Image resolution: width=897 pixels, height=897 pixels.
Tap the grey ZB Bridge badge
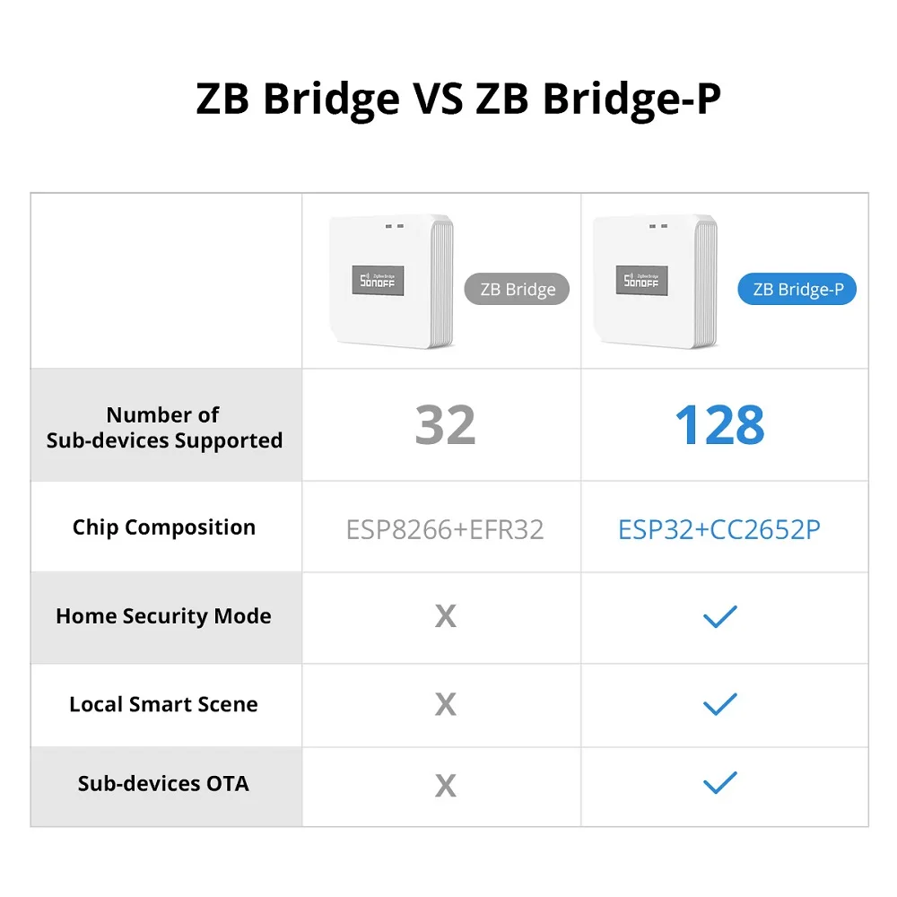point(517,289)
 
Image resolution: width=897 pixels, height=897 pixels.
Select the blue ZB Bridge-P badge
point(797,289)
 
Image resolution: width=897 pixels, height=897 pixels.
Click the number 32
point(445,426)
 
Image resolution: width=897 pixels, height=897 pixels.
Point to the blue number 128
point(719,426)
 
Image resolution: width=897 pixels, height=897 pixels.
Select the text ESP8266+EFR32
point(445,529)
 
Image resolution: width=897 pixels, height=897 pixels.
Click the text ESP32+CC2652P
point(719,529)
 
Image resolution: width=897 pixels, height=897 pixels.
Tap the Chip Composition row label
point(164,527)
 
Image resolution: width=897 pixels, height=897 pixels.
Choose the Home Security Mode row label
point(163,616)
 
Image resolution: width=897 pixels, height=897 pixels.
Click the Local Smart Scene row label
point(163,704)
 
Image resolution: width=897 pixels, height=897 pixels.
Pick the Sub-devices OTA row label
point(163,783)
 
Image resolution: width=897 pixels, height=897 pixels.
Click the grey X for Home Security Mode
point(445,616)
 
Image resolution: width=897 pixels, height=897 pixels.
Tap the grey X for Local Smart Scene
point(445,705)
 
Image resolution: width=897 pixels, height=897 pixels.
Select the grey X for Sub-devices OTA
point(445,786)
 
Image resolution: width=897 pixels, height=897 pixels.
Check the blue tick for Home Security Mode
point(719,615)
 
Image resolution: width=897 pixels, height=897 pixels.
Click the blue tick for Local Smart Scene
point(719,704)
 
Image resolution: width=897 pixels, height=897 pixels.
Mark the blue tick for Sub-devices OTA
point(719,783)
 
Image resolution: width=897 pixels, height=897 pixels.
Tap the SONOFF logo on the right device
point(641,280)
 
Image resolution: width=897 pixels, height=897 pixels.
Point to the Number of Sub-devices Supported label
point(164,427)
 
